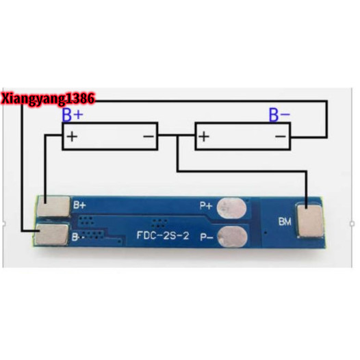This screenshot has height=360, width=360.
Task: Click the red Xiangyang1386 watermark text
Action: tap(48, 99)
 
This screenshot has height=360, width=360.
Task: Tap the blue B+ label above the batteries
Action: tap(73, 115)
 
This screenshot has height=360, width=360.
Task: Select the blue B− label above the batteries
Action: tap(279, 115)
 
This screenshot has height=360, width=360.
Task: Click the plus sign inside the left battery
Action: tap(72, 137)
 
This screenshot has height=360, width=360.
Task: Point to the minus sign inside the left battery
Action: tap(149, 137)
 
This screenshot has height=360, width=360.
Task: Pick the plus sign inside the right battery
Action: tap(204, 137)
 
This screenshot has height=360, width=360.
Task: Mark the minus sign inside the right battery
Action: tap(281, 137)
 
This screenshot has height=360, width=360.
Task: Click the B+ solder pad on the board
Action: tap(53, 206)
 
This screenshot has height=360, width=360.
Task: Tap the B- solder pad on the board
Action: tap(52, 234)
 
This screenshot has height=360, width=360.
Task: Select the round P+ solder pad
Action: tap(231, 208)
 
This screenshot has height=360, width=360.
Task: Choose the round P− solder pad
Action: tap(232, 237)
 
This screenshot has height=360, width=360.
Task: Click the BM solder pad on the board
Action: tap(310, 221)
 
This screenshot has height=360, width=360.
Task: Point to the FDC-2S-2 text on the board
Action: tap(163, 235)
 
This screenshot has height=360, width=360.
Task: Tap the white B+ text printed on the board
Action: tap(79, 205)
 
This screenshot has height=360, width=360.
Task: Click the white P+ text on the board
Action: tap(206, 205)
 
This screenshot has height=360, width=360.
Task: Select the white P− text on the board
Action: tap(207, 237)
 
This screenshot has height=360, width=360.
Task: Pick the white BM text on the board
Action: tap(285, 222)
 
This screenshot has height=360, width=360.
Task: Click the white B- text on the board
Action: tap(78, 237)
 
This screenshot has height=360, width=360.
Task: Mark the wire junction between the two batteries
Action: tap(177, 136)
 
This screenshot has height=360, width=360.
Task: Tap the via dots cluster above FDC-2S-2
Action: tap(159, 223)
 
